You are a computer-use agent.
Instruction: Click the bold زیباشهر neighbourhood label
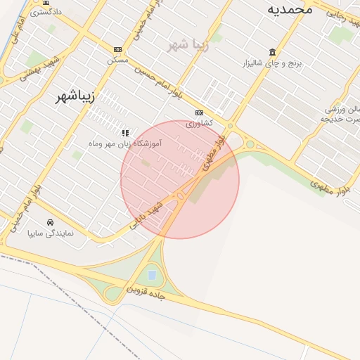click(x=75, y=97)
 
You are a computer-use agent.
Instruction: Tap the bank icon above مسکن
click(x=117, y=50)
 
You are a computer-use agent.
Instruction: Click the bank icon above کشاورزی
click(x=200, y=112)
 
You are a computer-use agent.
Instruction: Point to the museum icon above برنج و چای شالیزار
click(x=272, y=52)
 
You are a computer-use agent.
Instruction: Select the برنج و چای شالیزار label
click(x=277, y=63)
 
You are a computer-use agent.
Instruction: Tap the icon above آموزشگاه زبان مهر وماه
click(x=125, y=132)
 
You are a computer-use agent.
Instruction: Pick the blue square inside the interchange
click(x=152, y=275)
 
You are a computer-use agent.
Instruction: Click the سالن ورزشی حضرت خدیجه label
click(x=342, y=114)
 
